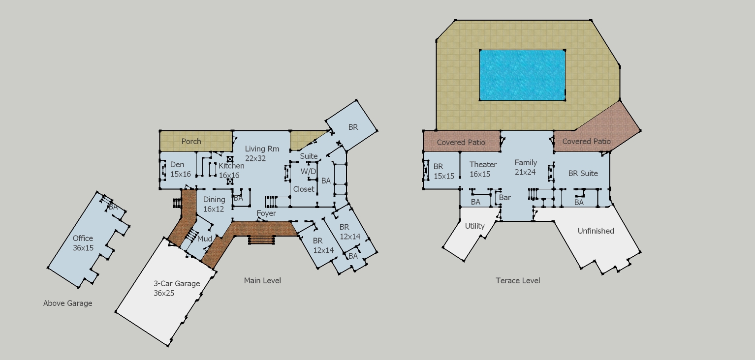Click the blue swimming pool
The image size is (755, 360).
point(522,75)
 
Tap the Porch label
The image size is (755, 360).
point(191,142)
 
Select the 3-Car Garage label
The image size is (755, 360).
point(177,284)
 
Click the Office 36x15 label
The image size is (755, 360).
point(83,243)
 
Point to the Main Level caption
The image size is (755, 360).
point(262,280)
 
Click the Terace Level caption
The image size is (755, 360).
point(518,280)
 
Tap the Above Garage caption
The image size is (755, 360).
point(68,303)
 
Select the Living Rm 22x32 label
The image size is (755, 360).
point(262,153)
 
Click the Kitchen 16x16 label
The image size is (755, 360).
point(231,170)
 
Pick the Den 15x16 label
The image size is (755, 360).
point(180,169)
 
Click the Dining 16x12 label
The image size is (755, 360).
point(214,205)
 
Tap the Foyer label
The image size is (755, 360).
point(266,213)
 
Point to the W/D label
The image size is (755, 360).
point(309,172)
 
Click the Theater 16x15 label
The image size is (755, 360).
point(483,169)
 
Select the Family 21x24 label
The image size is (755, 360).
point(526,167)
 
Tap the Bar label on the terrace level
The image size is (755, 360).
point(504,198)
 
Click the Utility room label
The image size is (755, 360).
point(474,226)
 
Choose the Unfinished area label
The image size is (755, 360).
point(596,231)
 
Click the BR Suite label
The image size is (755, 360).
point(583,174)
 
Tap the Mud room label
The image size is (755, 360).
point(205,239)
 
